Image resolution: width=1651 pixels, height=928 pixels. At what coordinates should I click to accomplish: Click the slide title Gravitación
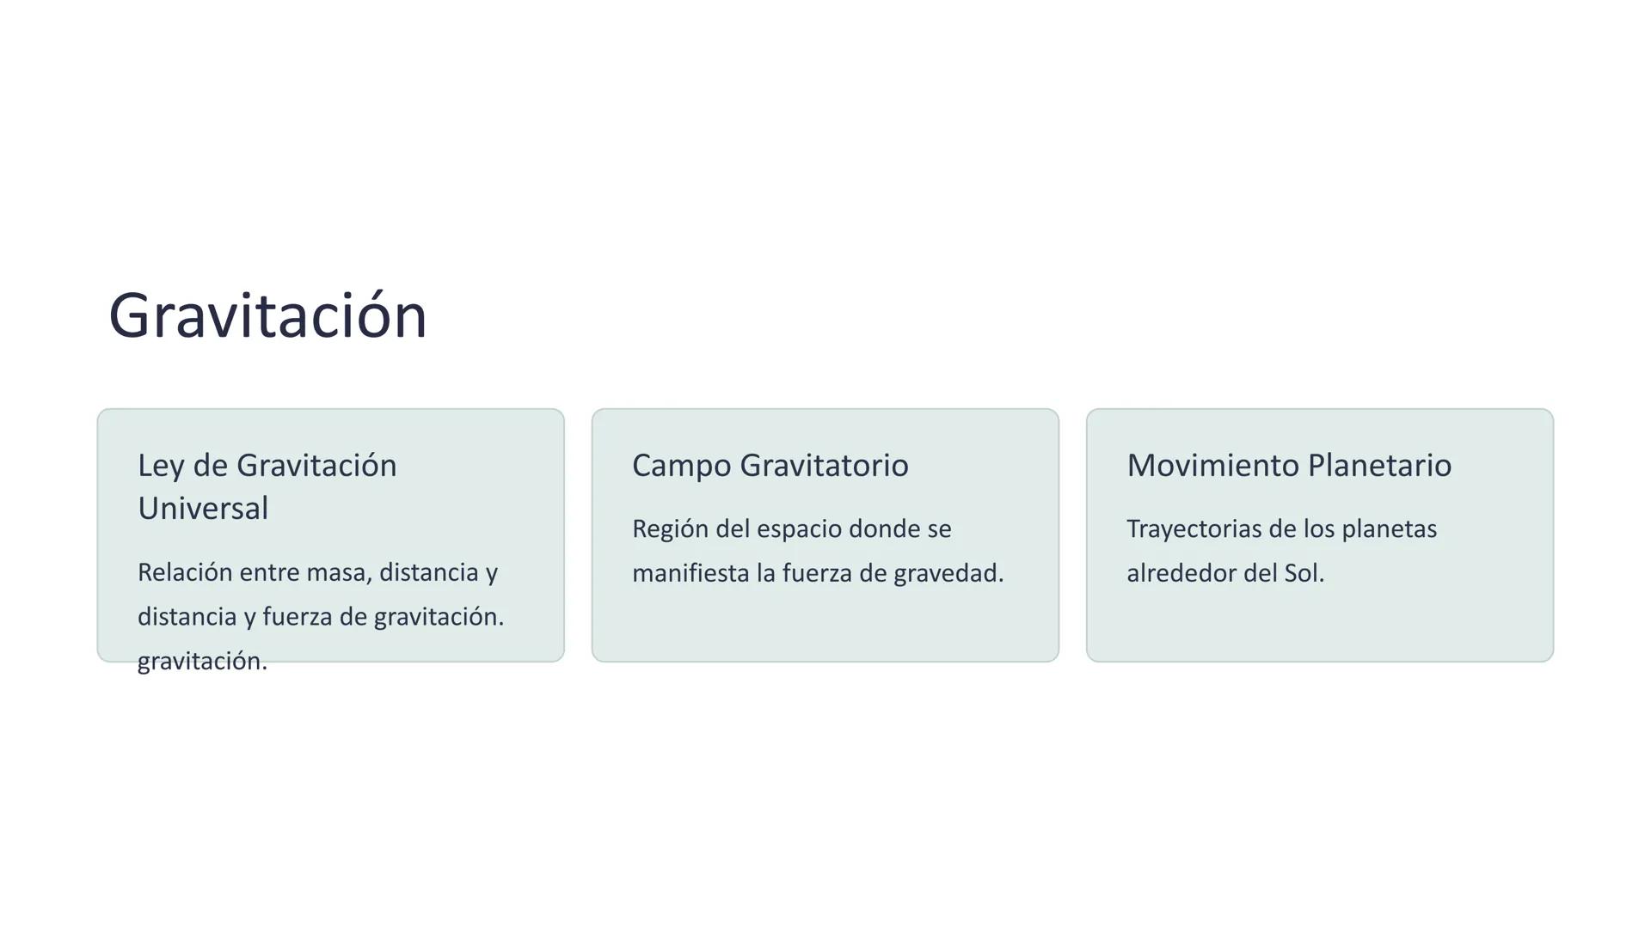coord(267,316)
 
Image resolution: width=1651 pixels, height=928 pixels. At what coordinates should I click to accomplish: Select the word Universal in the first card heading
coord(203,509)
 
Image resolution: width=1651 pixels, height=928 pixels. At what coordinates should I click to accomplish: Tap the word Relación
coord(185,572)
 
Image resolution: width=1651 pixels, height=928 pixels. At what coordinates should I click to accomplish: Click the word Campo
coord(681,466)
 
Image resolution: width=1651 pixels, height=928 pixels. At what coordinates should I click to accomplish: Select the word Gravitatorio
coord(824,466)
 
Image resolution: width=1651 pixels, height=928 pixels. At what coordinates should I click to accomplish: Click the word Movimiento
coord(1212,466)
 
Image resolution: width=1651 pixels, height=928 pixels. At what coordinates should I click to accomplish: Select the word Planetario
coord(1379,466)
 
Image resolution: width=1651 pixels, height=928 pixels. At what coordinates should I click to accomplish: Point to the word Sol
coord(1303,573)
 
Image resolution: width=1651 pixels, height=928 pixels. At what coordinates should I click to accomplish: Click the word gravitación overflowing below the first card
coord(202,662)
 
